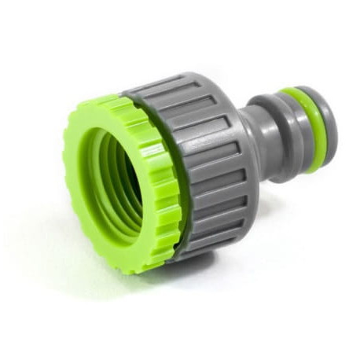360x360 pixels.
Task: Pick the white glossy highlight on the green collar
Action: coord(152,149)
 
